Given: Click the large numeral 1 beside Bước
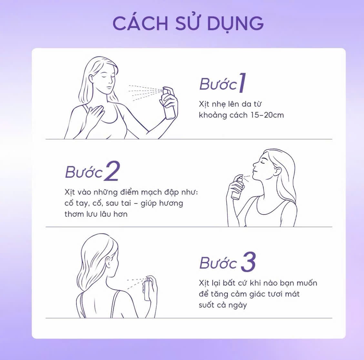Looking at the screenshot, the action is [x=242, y=83].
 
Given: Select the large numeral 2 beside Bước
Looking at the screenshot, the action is [x=112, y=171].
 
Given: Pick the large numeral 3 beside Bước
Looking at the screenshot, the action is [x=248, y=262].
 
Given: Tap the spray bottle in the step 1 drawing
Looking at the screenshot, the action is [x=169, y=103].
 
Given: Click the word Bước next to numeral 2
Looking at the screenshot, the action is [x=84, y=172].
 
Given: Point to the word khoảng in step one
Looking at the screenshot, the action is [x=213, y=115].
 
